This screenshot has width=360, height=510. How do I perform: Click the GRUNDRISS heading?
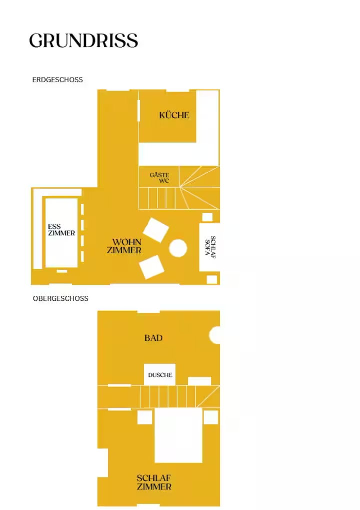pos(83,41)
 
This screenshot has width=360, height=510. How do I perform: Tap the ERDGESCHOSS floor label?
pos(57,80)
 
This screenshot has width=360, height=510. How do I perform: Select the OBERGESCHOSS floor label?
pos(60,298)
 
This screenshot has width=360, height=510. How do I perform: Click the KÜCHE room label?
pos(174,115)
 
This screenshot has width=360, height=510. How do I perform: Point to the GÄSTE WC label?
pos(159,178)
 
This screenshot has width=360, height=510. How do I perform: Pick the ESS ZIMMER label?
pos(61,230)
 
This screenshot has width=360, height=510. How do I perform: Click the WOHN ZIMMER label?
pos(124,246)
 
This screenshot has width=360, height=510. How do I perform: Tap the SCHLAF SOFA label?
pos(210,247)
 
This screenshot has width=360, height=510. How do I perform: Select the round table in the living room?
pos(178,248)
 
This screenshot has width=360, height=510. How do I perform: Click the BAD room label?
pos(153,338)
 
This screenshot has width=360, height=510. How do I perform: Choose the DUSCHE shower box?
pos(160,375)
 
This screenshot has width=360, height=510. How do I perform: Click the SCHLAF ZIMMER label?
pos(154,482)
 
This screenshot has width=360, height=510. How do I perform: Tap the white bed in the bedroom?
pos(178,435)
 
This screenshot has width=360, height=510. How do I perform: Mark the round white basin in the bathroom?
pos(215,335)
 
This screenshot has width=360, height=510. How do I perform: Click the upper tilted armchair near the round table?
pos(156,230)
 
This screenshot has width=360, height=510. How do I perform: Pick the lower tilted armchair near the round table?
pos(151,267)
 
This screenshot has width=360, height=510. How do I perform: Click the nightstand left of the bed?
pos(144,417)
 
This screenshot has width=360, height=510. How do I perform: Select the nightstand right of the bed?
pos(211,417)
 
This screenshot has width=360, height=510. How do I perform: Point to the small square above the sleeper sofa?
pos(207,217)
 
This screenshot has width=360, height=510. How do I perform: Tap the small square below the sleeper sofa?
pos(212,280)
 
